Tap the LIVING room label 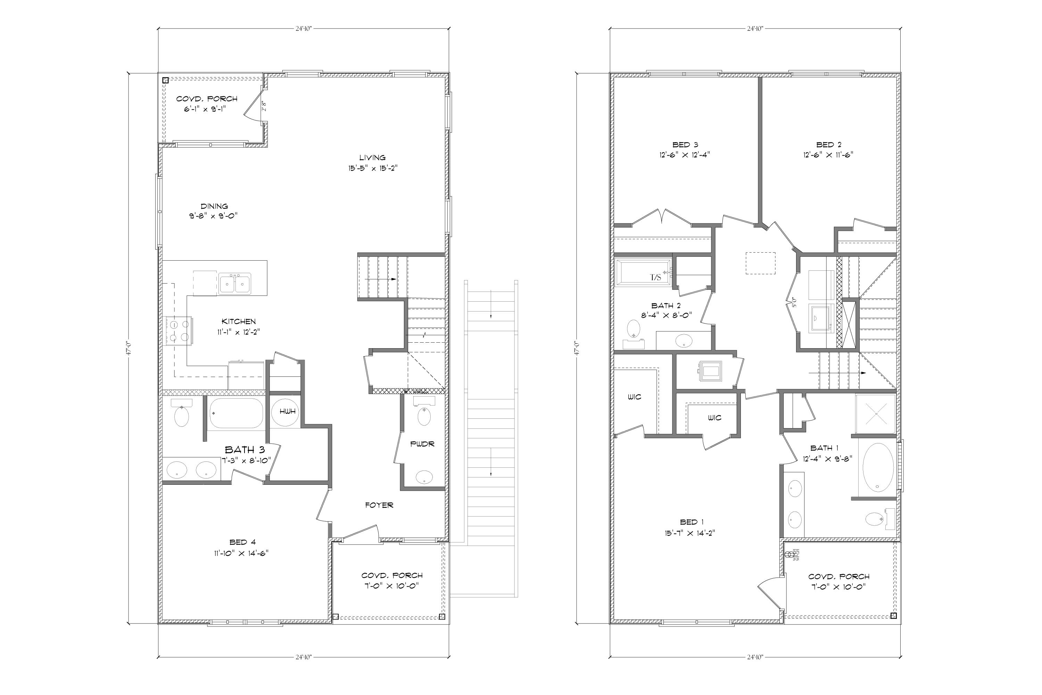click(372, 158)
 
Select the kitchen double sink click(235, 284)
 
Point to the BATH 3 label click(245, 450)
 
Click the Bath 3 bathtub click(236, 413)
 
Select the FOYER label click(379, 505)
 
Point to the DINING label click(214, 206)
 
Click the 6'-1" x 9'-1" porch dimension click(205, 109)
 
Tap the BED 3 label click(685, 145)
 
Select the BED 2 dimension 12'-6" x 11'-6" click(828, 155)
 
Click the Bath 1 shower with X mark click(876, 414)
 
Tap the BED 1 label click(692, 522)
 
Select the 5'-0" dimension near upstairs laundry click(794, 302)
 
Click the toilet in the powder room click(424, 417)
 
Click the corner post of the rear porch click(165, 80)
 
